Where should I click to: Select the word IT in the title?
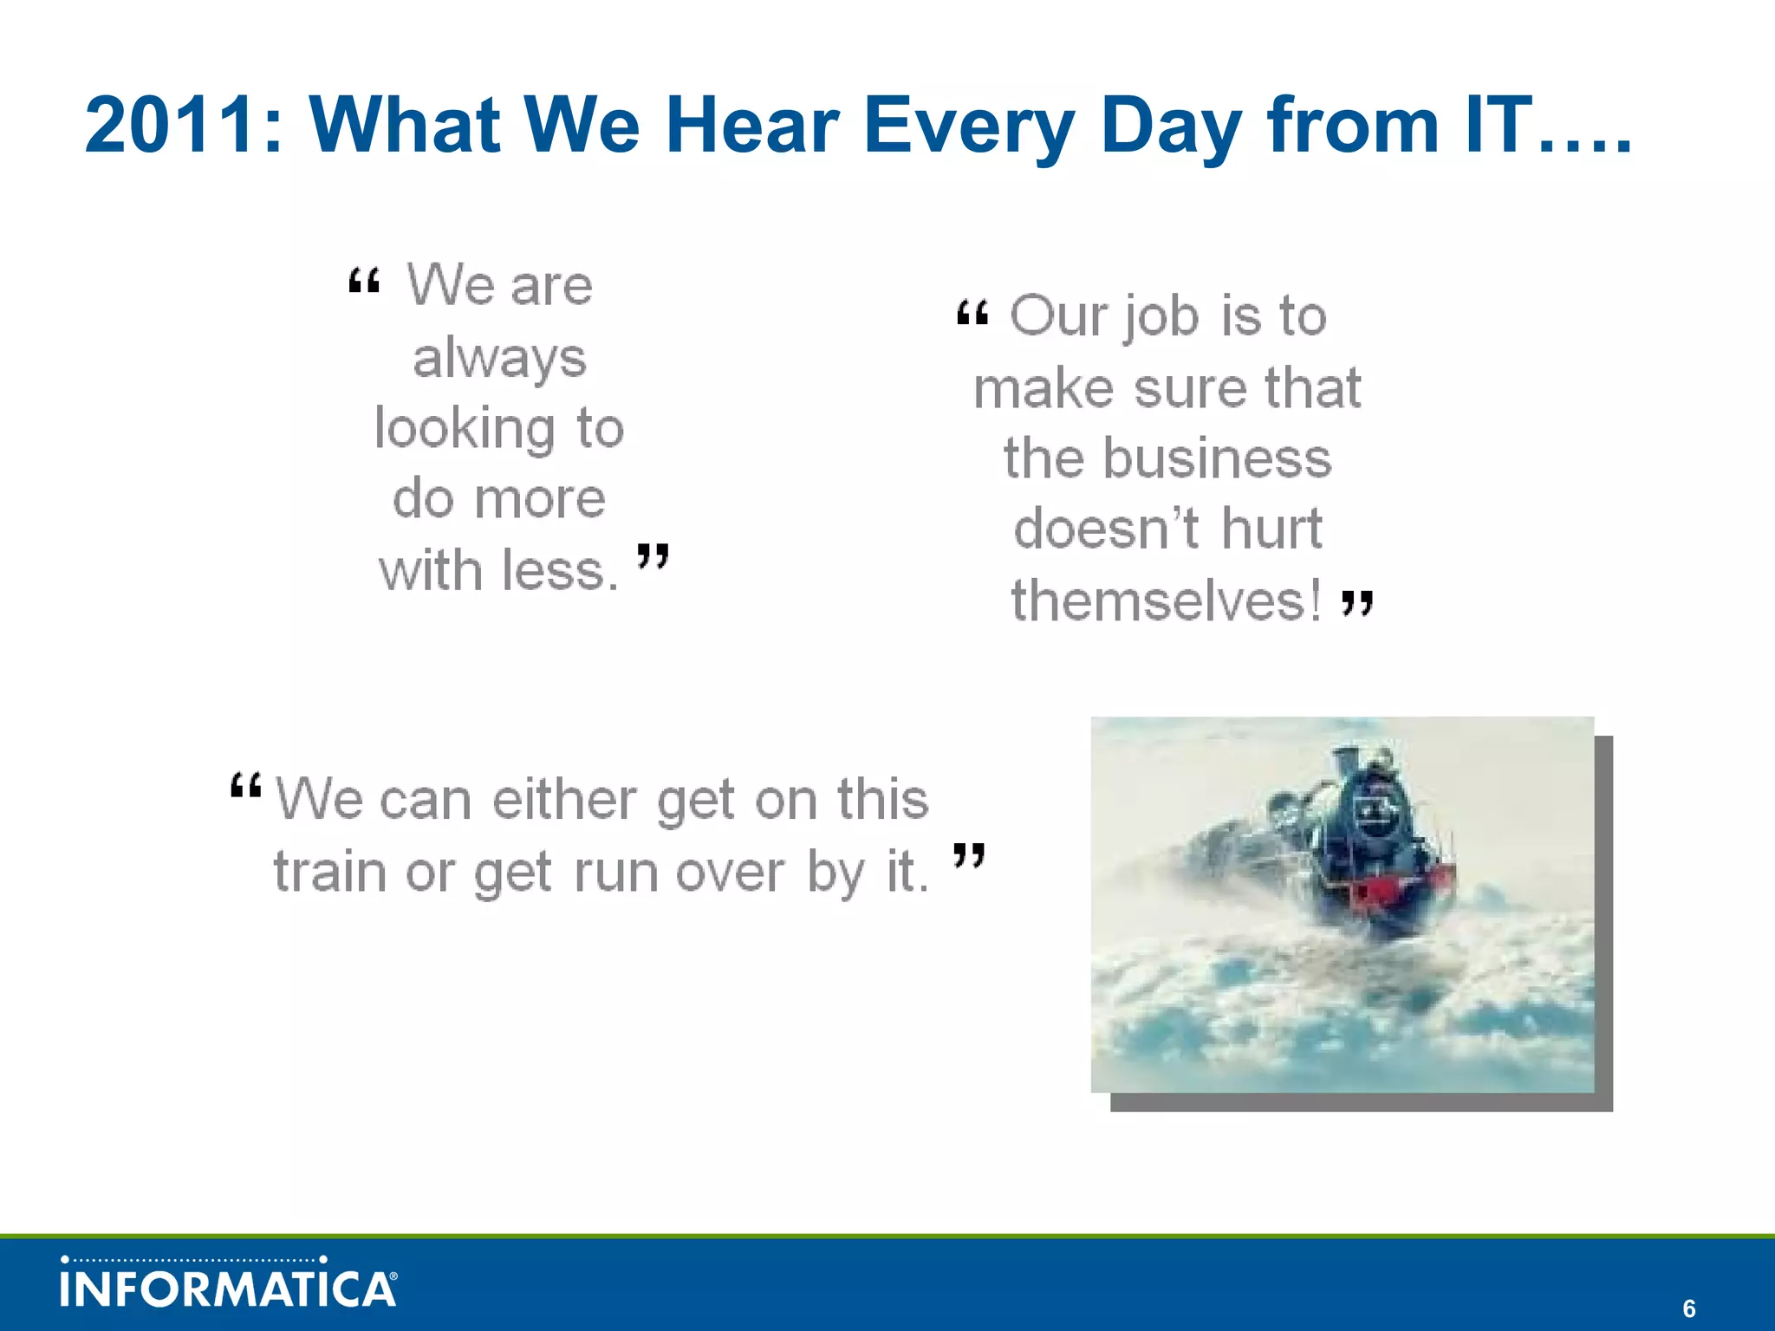pos(1498,127)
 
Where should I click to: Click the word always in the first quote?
pos(499,358)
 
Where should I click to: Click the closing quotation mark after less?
pos(653,556)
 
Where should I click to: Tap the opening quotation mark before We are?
pos(364,282)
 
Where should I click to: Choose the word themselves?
pos(1166,601)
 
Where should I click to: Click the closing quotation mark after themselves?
pos(1357,603)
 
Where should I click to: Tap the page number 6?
pos(1688,1308)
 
